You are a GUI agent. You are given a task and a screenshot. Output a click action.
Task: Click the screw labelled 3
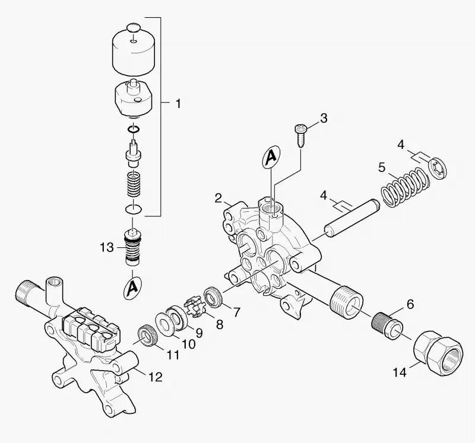300,136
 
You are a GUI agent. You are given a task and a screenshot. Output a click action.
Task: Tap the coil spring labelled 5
406,187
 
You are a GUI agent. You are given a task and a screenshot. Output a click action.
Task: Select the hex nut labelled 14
438,352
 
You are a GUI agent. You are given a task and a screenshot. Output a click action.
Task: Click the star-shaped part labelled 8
195,307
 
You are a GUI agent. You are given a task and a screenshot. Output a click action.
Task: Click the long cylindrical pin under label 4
352,216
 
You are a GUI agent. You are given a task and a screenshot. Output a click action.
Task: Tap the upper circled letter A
271,157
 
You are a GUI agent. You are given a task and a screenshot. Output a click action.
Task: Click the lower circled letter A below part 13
132,288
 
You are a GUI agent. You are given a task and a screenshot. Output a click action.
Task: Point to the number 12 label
155,377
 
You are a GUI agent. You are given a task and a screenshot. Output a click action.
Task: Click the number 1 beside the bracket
179,104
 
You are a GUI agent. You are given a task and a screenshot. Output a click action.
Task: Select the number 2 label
218,199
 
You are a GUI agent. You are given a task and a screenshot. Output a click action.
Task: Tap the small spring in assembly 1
133,184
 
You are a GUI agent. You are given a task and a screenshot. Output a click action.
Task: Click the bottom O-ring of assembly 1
133,209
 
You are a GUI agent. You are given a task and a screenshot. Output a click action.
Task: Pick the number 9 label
199,333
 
